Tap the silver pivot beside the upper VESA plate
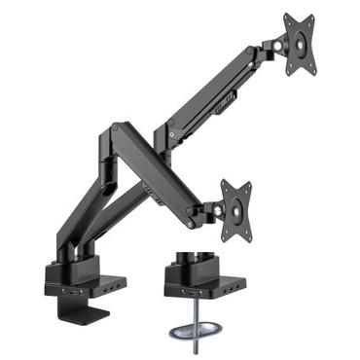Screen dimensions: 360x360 [280, 44]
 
